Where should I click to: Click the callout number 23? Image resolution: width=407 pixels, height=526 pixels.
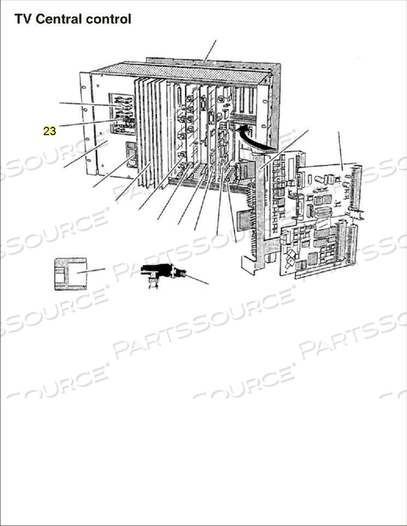49,130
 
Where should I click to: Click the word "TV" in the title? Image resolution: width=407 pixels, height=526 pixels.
23,19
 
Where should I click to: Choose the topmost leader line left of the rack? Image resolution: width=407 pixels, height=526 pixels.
87,105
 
